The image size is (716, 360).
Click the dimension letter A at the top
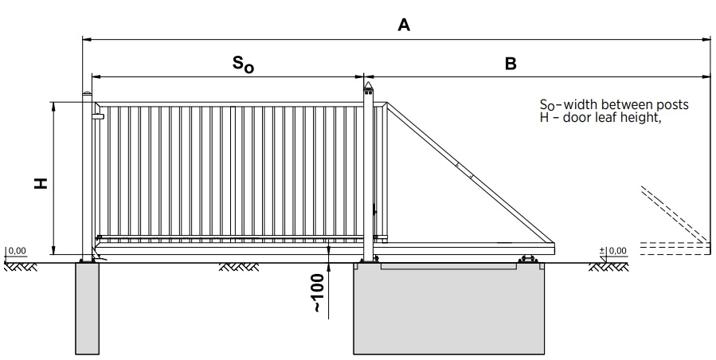coord(404,25)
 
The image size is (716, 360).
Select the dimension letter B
coord(511,64)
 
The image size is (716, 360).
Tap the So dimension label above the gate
coord(244,65)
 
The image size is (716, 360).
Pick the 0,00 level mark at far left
coord(17,251)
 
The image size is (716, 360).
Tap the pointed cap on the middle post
coord(368,85)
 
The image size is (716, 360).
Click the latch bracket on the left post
coord(97,116)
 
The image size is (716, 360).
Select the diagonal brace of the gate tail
coord(470,172)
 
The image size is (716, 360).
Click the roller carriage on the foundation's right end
coord(526,259)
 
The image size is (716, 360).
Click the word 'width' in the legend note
coord(578,104)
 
